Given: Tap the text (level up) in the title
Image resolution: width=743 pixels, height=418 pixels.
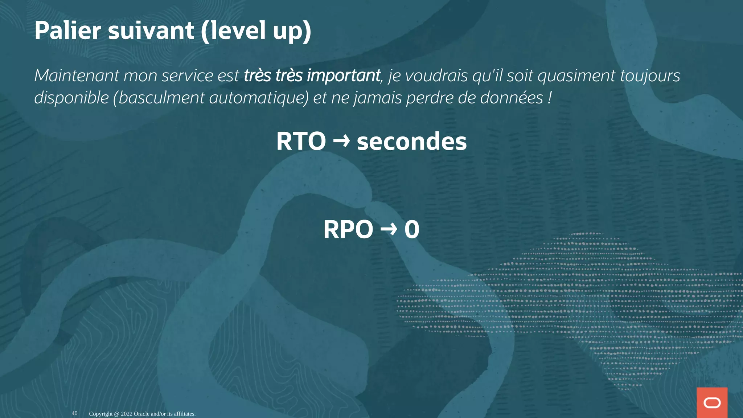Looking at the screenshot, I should (x=256, y=31).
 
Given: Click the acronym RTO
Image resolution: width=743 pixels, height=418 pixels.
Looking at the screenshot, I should (x=301, y=141).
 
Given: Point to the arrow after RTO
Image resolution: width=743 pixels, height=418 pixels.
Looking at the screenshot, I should (x=341, y=141).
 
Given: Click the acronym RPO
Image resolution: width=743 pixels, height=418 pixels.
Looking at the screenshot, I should (x=348, y=230).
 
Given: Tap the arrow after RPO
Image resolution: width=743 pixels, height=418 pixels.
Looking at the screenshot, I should (x=389, y=229).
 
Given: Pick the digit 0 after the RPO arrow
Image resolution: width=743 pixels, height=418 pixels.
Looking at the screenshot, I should (x=412, y=230).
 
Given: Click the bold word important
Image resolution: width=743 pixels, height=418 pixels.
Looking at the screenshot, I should (x=344, y=76).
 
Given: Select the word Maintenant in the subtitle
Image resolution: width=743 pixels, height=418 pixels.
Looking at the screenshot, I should (x=77, y=76).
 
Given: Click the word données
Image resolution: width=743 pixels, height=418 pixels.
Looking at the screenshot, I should (x=512, y=98).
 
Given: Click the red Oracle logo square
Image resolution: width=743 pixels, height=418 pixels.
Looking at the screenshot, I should (x=712, y=402).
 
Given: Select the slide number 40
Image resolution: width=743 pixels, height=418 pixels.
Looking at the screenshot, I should (x=74, y=413).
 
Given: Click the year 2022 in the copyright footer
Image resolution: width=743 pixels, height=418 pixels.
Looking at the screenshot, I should (x=127, y=414).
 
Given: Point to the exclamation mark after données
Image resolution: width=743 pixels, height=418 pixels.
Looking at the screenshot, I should (x=550, y=98).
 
